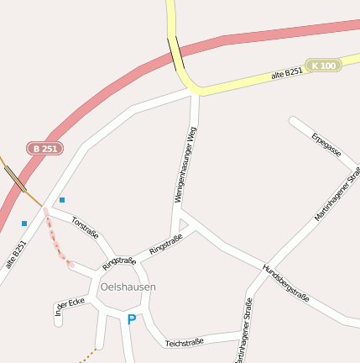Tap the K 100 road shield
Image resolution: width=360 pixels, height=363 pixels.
[323, 66]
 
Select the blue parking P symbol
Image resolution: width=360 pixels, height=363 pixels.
[131, 319]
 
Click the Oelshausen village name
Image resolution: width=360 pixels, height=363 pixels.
[128, 287]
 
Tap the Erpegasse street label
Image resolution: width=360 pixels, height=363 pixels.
[326, 145]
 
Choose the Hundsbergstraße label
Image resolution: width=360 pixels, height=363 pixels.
[285, 283]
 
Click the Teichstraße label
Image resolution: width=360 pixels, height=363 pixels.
[185, 343]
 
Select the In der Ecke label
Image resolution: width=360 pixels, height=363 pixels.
[70, 306]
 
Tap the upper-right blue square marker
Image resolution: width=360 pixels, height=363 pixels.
[62, 200]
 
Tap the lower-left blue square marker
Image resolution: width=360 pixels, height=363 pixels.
[24, 224]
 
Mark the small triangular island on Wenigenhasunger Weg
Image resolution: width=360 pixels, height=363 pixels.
[184, 223]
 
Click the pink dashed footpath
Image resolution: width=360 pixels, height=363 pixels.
[57, 240]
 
